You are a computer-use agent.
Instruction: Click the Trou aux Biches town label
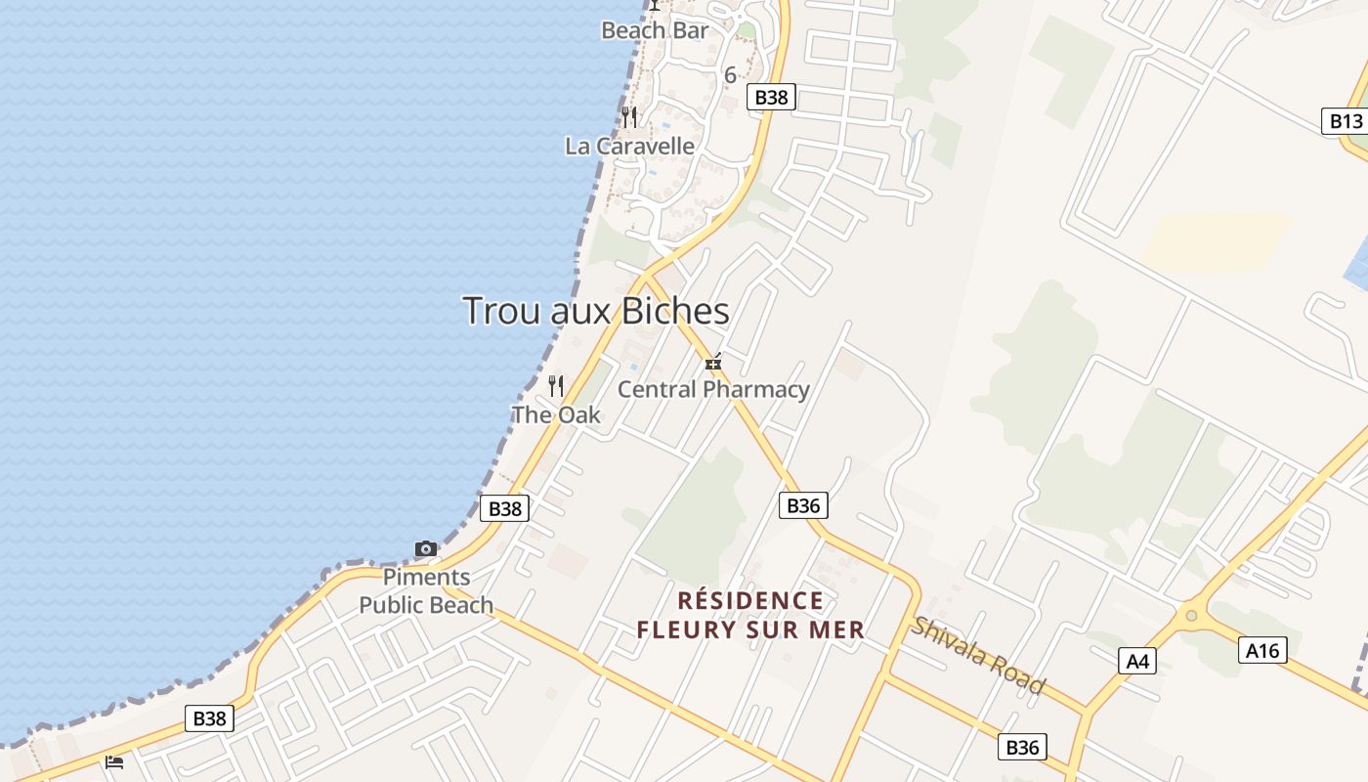596,311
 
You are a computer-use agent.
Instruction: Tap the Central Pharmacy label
713,389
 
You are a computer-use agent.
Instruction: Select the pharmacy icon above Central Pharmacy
713,363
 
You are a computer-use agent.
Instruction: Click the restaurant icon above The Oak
556,385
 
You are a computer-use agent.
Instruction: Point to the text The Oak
556,414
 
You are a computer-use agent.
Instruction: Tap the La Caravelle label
630,147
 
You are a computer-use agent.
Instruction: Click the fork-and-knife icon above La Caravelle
630,117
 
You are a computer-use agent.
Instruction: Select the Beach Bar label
655,30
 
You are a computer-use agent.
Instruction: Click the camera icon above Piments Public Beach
426,548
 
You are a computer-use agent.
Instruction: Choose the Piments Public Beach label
426,591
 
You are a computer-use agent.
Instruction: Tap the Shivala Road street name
978,656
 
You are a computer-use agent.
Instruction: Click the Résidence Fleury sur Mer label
750,615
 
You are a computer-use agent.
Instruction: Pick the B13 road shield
1346,121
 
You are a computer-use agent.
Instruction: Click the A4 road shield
1138,662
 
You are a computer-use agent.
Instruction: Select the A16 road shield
1262,650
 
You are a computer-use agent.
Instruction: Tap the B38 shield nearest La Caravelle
772,97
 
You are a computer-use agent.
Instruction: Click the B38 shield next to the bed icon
209,718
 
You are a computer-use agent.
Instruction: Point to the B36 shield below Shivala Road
1022,748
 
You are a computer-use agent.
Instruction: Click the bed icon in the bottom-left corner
114,761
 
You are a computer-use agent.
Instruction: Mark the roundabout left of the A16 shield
1190,616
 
